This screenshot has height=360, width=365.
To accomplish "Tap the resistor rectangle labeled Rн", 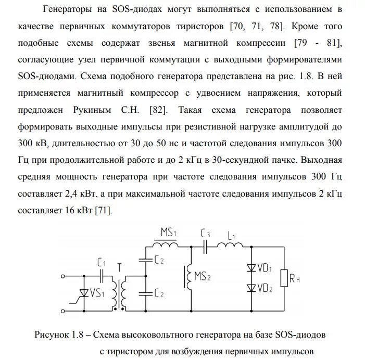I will click(284, 278).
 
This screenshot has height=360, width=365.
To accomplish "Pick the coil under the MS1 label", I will click(165, 245).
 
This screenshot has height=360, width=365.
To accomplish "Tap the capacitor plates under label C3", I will click(206, 246).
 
